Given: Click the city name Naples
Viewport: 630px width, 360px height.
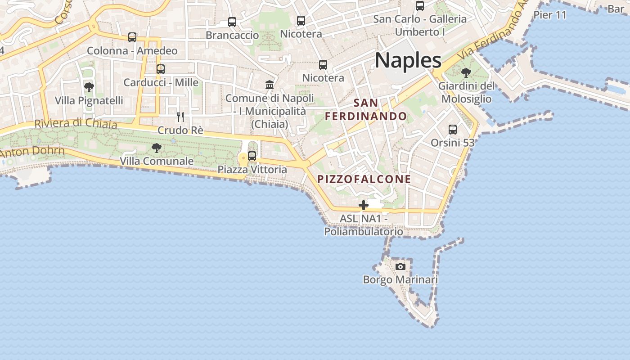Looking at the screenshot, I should tap(408, 60).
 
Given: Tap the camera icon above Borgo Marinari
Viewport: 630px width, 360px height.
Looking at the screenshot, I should tap(400, 266).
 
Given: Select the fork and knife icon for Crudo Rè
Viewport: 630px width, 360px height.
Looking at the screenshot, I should tap(180, 117).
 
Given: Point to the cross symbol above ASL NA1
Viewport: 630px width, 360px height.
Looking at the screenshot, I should tap(364, 206).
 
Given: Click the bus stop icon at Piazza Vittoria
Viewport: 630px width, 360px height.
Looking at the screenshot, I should tap(252, 156).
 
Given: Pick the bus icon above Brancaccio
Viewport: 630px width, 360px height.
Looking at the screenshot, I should tap(232, 22).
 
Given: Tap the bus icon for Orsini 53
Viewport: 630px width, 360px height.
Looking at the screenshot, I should tap(453, 130).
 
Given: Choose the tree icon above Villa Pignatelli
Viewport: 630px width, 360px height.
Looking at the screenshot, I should tap(89, 87).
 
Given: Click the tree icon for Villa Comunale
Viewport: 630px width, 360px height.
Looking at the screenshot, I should tap(157, 148).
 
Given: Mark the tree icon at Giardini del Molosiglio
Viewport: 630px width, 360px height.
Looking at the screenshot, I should tap(466, 72).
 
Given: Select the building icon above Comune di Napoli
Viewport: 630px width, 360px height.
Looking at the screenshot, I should tap(270, 85).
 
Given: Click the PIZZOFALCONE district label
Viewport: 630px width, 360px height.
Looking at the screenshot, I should tap(364, 179).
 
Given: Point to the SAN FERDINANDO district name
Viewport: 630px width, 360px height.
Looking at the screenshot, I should tap(366, 109).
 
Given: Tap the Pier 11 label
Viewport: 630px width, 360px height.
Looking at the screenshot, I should tap(549, 15).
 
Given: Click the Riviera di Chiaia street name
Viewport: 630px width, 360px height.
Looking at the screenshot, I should tap(75, 123).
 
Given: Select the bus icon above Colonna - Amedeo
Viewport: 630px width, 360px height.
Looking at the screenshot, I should tap(132, 37).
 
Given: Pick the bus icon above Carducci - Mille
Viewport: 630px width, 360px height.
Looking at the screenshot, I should tap(161, 69).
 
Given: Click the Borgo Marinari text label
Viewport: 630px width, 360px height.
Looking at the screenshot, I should tap(400, 279).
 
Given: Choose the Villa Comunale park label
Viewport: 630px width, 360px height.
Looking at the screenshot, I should tap(157, 161).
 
